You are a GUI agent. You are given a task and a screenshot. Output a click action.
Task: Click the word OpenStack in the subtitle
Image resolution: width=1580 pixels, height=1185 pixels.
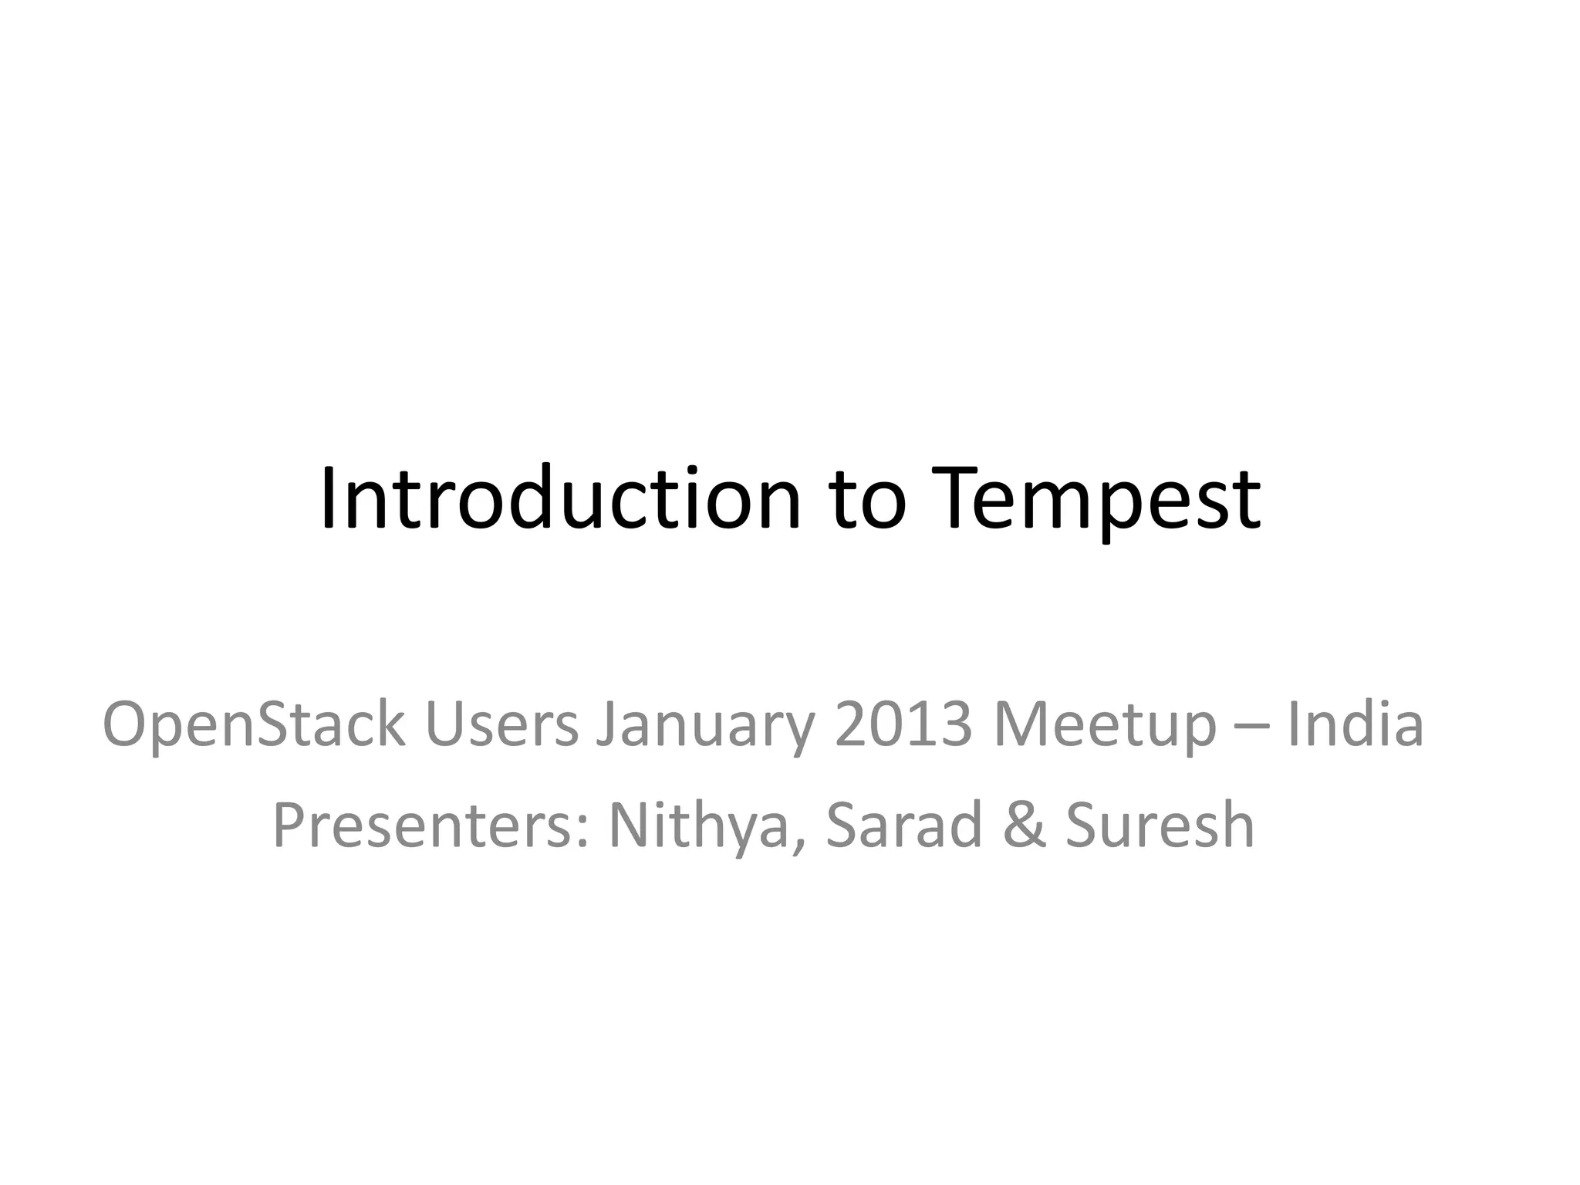coord(254,725)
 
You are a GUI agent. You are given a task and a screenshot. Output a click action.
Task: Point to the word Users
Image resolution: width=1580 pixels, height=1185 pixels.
coord(501,725)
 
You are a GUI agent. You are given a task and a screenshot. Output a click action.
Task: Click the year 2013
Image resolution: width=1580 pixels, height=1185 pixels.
coord(903,725)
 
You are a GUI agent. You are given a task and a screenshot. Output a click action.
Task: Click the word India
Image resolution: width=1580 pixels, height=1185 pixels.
coord(1355,725)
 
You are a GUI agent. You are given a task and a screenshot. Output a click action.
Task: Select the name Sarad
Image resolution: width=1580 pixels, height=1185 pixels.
coord(903,825)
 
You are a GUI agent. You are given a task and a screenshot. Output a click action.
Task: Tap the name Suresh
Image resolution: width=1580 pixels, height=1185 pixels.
coord(1160,825)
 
